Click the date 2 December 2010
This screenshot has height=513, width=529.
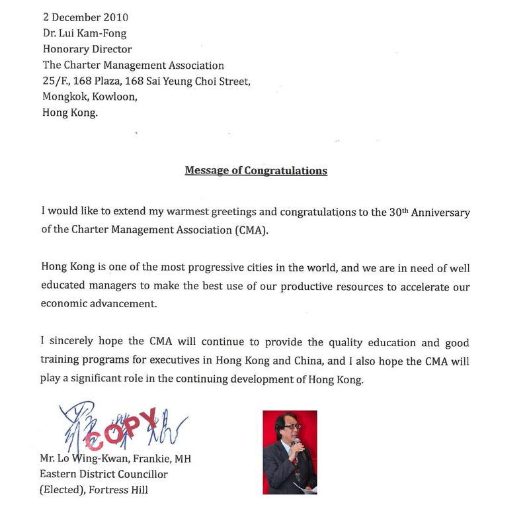point(85,17)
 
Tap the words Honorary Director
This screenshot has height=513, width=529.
point(87,49)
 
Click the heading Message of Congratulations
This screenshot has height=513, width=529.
point(256,171)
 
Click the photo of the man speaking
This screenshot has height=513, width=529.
point(290,452)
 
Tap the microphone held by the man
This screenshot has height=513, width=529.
point(297,444)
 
